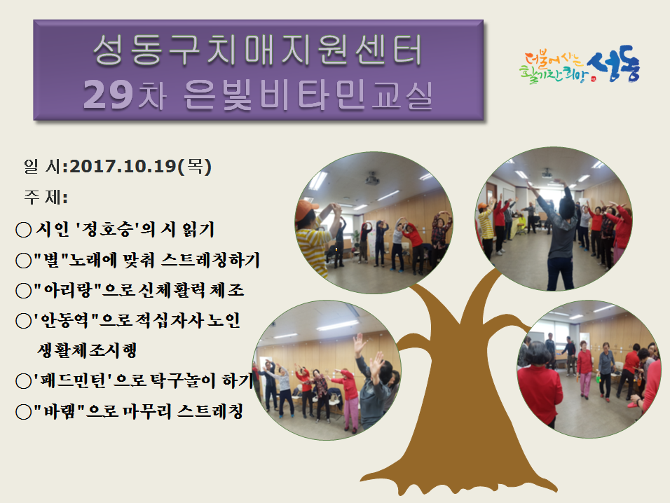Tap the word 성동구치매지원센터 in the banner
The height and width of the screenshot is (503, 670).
coord(257,53)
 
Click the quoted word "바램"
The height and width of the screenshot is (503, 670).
coord(59,411)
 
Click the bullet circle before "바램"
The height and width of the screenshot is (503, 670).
coord(23,411)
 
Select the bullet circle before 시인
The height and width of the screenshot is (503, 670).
coord(23,228)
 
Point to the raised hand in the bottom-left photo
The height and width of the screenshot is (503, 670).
coord(360,344)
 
